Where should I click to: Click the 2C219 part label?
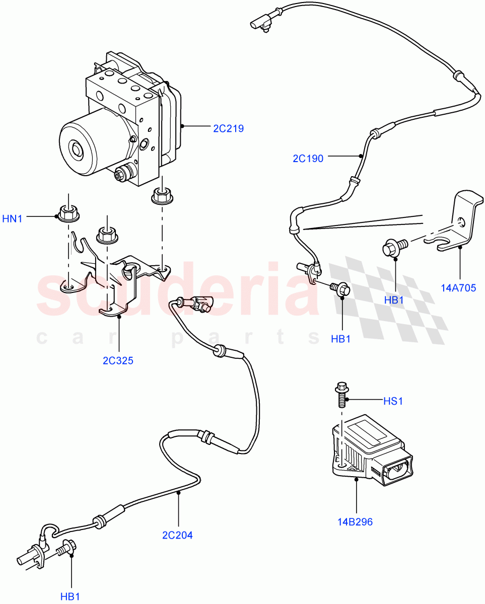tap(228, 128)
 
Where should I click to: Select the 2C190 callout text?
tap(308, 159)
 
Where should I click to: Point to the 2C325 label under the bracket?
tap(118, 361)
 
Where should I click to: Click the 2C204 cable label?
tap(177, 535)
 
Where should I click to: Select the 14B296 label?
tap(356, 522)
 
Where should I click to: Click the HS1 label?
tap(393, 401)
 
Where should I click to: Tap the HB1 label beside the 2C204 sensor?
tap(71, 597)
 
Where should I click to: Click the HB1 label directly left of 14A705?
tap(395, 299)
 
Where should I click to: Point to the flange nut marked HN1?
tap(67, 214)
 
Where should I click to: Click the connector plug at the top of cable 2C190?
tap(260, 23)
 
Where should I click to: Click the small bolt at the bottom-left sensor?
tap(66, 547)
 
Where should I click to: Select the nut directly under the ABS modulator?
tap(160, 195)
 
